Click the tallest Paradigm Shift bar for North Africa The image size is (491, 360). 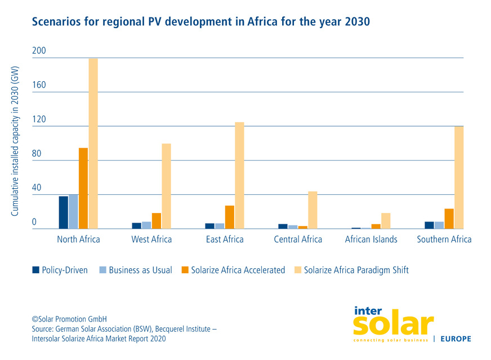coord(93,144)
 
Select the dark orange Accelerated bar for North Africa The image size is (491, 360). coord(83,188)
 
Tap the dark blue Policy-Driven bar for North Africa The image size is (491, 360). coord(63,212)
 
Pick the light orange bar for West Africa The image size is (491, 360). coord(166,186)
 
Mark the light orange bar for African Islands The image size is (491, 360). coord(386,220)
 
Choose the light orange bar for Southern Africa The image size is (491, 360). coord(459,177)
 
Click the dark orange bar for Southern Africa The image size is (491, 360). coord(449,219)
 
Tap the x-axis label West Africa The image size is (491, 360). coord(151,239)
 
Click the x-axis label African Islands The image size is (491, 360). coord(371,239)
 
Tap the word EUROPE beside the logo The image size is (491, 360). coord(455,339)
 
